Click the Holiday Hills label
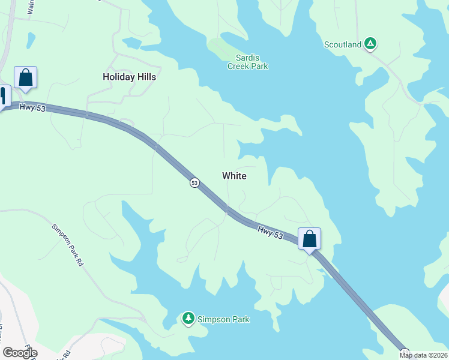[x=129, y=77]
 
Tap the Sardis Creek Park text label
[x=247, y=62]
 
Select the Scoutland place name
[x=343, y=44]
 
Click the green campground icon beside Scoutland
[x=371, y=43]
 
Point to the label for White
[x=234, y=176]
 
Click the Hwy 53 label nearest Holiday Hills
[x=32, y=107]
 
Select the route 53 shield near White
[x=194, y=182]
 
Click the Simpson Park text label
[x=223, y=319]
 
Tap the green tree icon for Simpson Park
[x=188, y=318]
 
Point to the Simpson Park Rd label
[x=67, y=244]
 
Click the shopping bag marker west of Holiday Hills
[x=25, y=78]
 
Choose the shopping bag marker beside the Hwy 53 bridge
[x=309, y=239]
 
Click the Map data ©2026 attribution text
[x=423, y=355]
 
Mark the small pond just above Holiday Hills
[x=131, y=43]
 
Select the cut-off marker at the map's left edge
[x=4, y=97]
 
